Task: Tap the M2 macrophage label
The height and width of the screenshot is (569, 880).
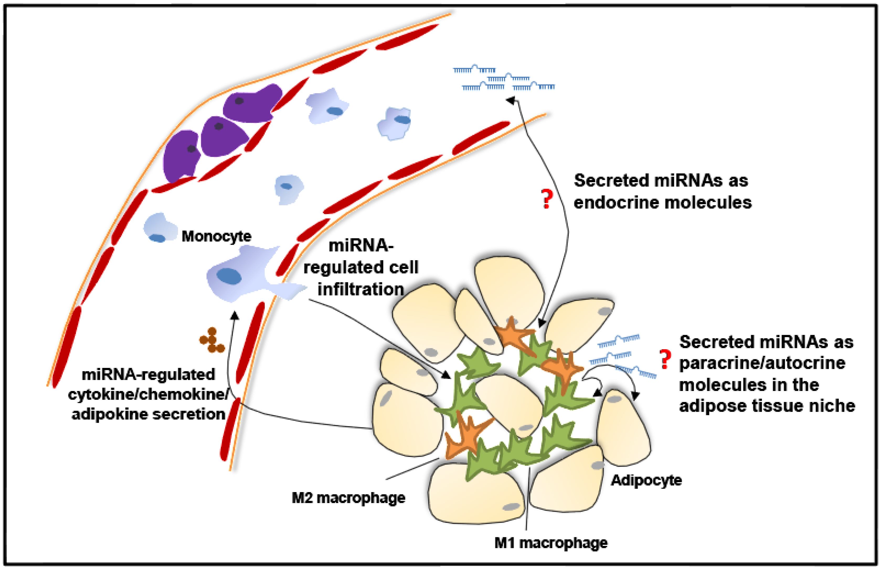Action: point(348,498)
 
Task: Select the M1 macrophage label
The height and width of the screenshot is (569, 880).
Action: point(550,543)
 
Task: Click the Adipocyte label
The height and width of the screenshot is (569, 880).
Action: point(646,480)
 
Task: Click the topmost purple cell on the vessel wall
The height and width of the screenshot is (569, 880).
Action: point(253,103)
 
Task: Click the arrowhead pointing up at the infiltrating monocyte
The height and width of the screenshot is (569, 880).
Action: point(234,315)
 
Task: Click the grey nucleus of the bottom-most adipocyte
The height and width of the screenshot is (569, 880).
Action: point(512,507)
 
